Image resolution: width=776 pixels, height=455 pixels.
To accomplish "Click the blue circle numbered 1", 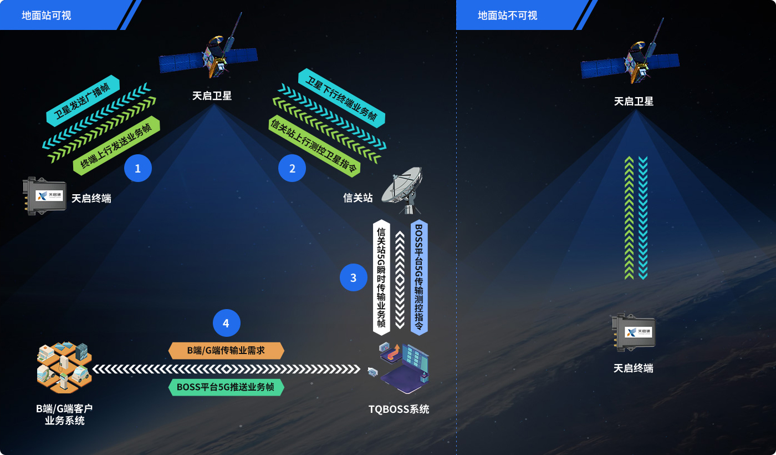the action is pos(138,168).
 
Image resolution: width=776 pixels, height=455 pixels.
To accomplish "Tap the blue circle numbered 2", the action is pos(292,168).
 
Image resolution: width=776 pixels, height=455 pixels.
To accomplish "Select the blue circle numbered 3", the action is pos(354,277).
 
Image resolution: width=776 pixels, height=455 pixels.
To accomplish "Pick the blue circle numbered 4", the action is pos(226,323).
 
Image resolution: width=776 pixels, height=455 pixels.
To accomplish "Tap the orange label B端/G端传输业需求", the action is pos(226,351).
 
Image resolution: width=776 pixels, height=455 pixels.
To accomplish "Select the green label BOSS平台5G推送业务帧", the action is pos(226,387).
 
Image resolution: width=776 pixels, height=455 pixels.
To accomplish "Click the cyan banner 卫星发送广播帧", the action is pos(83,100).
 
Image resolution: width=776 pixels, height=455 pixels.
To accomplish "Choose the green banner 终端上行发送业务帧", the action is pos(116,145).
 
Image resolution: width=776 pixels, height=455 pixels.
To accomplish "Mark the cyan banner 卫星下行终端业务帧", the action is pos(341,98).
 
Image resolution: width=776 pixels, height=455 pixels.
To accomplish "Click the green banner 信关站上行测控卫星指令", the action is pos(314,146).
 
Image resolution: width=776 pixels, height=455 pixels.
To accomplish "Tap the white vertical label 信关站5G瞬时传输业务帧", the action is pos(381,277).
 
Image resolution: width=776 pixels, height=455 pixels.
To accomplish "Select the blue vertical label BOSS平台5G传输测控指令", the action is pos(419,277).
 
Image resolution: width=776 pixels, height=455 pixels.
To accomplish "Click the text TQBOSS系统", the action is pos(399,410).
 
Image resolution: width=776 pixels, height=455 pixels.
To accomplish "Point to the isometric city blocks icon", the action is pos(64,367).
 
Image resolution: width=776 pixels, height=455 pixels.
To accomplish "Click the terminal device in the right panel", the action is pos(634,332).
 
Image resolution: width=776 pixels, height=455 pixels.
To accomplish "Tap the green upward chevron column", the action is pos(629,218).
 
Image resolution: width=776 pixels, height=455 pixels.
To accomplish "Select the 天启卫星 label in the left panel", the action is pos(212,95).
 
